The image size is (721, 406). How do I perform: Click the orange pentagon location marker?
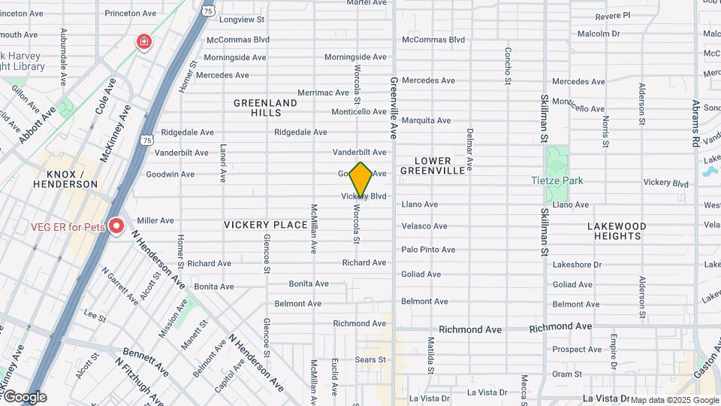click(x=361, y=180)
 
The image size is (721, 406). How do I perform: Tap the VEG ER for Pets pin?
click(x=116, y=226)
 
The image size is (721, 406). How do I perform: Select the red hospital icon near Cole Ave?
click(x=143, y=42)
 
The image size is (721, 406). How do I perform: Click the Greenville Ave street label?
click(x=392, y=108)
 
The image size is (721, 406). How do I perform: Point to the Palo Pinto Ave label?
click(x=428, y=250)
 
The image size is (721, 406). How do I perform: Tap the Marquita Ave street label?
click(x=426, y=120)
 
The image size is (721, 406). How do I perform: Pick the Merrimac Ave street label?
click(x=321, y=92)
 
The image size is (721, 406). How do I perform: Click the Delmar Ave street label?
click(x=470, y=150)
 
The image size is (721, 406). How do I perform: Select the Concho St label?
click(x=508, y=65)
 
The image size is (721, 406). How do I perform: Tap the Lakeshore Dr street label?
click(x=577, y=265)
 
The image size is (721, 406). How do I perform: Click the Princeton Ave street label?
click(x=130, y=14)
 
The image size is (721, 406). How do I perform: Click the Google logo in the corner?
click(x=25, y=397)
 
